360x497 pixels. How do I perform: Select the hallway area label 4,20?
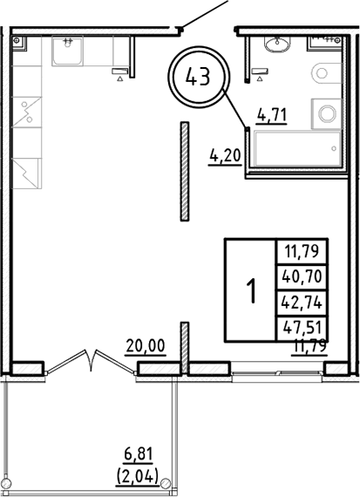tap(224, 157)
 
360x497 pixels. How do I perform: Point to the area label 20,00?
tap(144, 346)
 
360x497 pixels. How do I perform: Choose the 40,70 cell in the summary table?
tap(302, 277)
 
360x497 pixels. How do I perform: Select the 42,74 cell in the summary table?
tap(302, 303)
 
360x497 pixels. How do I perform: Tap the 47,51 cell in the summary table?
tap(302, 328)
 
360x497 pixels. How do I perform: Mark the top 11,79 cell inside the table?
tap(302, 252)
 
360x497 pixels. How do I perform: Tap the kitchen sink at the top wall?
tap(66, 51)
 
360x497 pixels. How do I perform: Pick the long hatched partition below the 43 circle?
tap(184, 170)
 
